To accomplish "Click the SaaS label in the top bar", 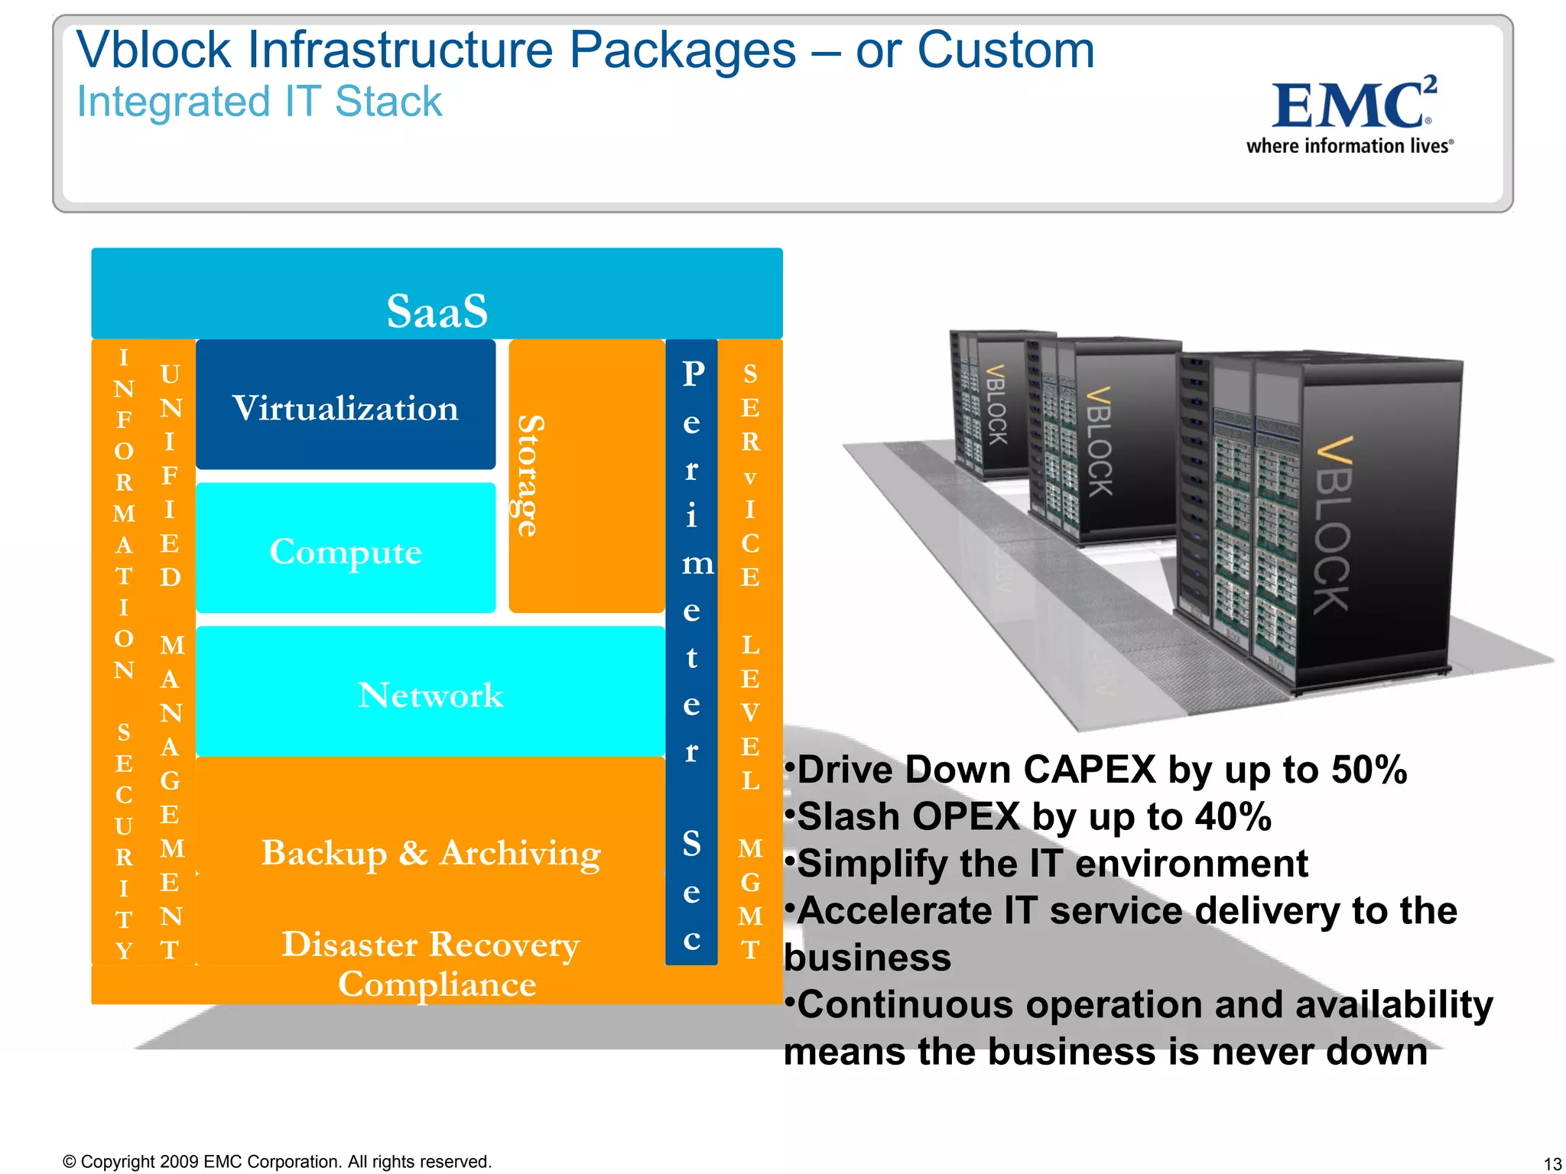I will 437,310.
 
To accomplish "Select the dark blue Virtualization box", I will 346,407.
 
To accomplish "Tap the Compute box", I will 346,551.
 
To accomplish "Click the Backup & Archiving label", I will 430,852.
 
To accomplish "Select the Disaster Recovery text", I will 430,944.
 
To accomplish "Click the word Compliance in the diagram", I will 437,984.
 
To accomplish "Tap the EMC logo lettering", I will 1350,105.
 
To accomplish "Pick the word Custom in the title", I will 1006,50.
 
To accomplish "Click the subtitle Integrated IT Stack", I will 259,102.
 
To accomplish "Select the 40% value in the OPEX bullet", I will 1233,816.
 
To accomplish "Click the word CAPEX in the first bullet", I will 1089,770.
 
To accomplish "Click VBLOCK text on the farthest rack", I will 996,404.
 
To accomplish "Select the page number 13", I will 1551,1163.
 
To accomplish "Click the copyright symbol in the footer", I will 69,1162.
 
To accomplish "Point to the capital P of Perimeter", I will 693,374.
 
